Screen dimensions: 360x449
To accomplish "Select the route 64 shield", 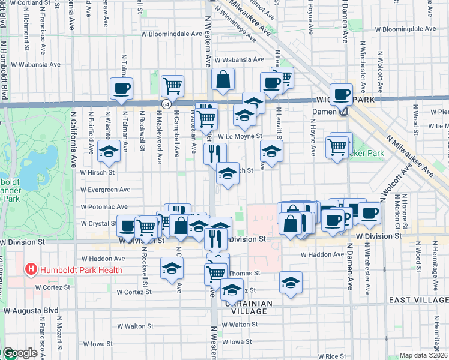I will click(164, 104).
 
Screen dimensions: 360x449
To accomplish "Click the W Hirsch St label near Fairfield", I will click(98, 172).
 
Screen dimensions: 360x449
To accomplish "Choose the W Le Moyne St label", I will click(240, 137).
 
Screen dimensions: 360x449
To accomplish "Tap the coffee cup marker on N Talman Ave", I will click(121, 89).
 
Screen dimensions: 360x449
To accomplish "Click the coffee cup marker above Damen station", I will click(341, 94).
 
